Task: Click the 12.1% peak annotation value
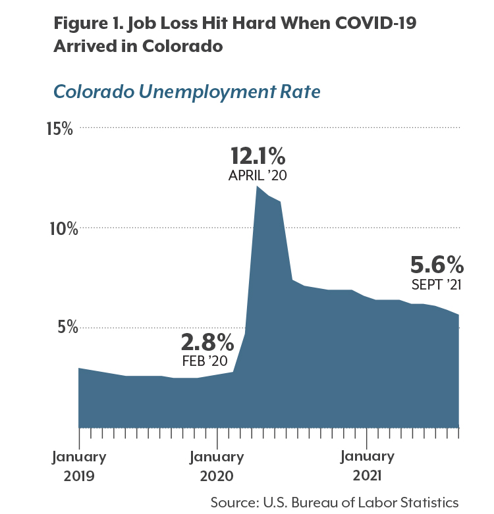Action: click(258, 156)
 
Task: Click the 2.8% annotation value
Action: click(207, 342)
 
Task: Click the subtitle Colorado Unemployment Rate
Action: click(186, 91)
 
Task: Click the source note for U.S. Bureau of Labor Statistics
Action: click(334, 501)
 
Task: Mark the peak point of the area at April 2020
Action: click(257, 186)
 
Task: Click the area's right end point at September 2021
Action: click(458, 315)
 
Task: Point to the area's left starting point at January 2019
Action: click(79, 368)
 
